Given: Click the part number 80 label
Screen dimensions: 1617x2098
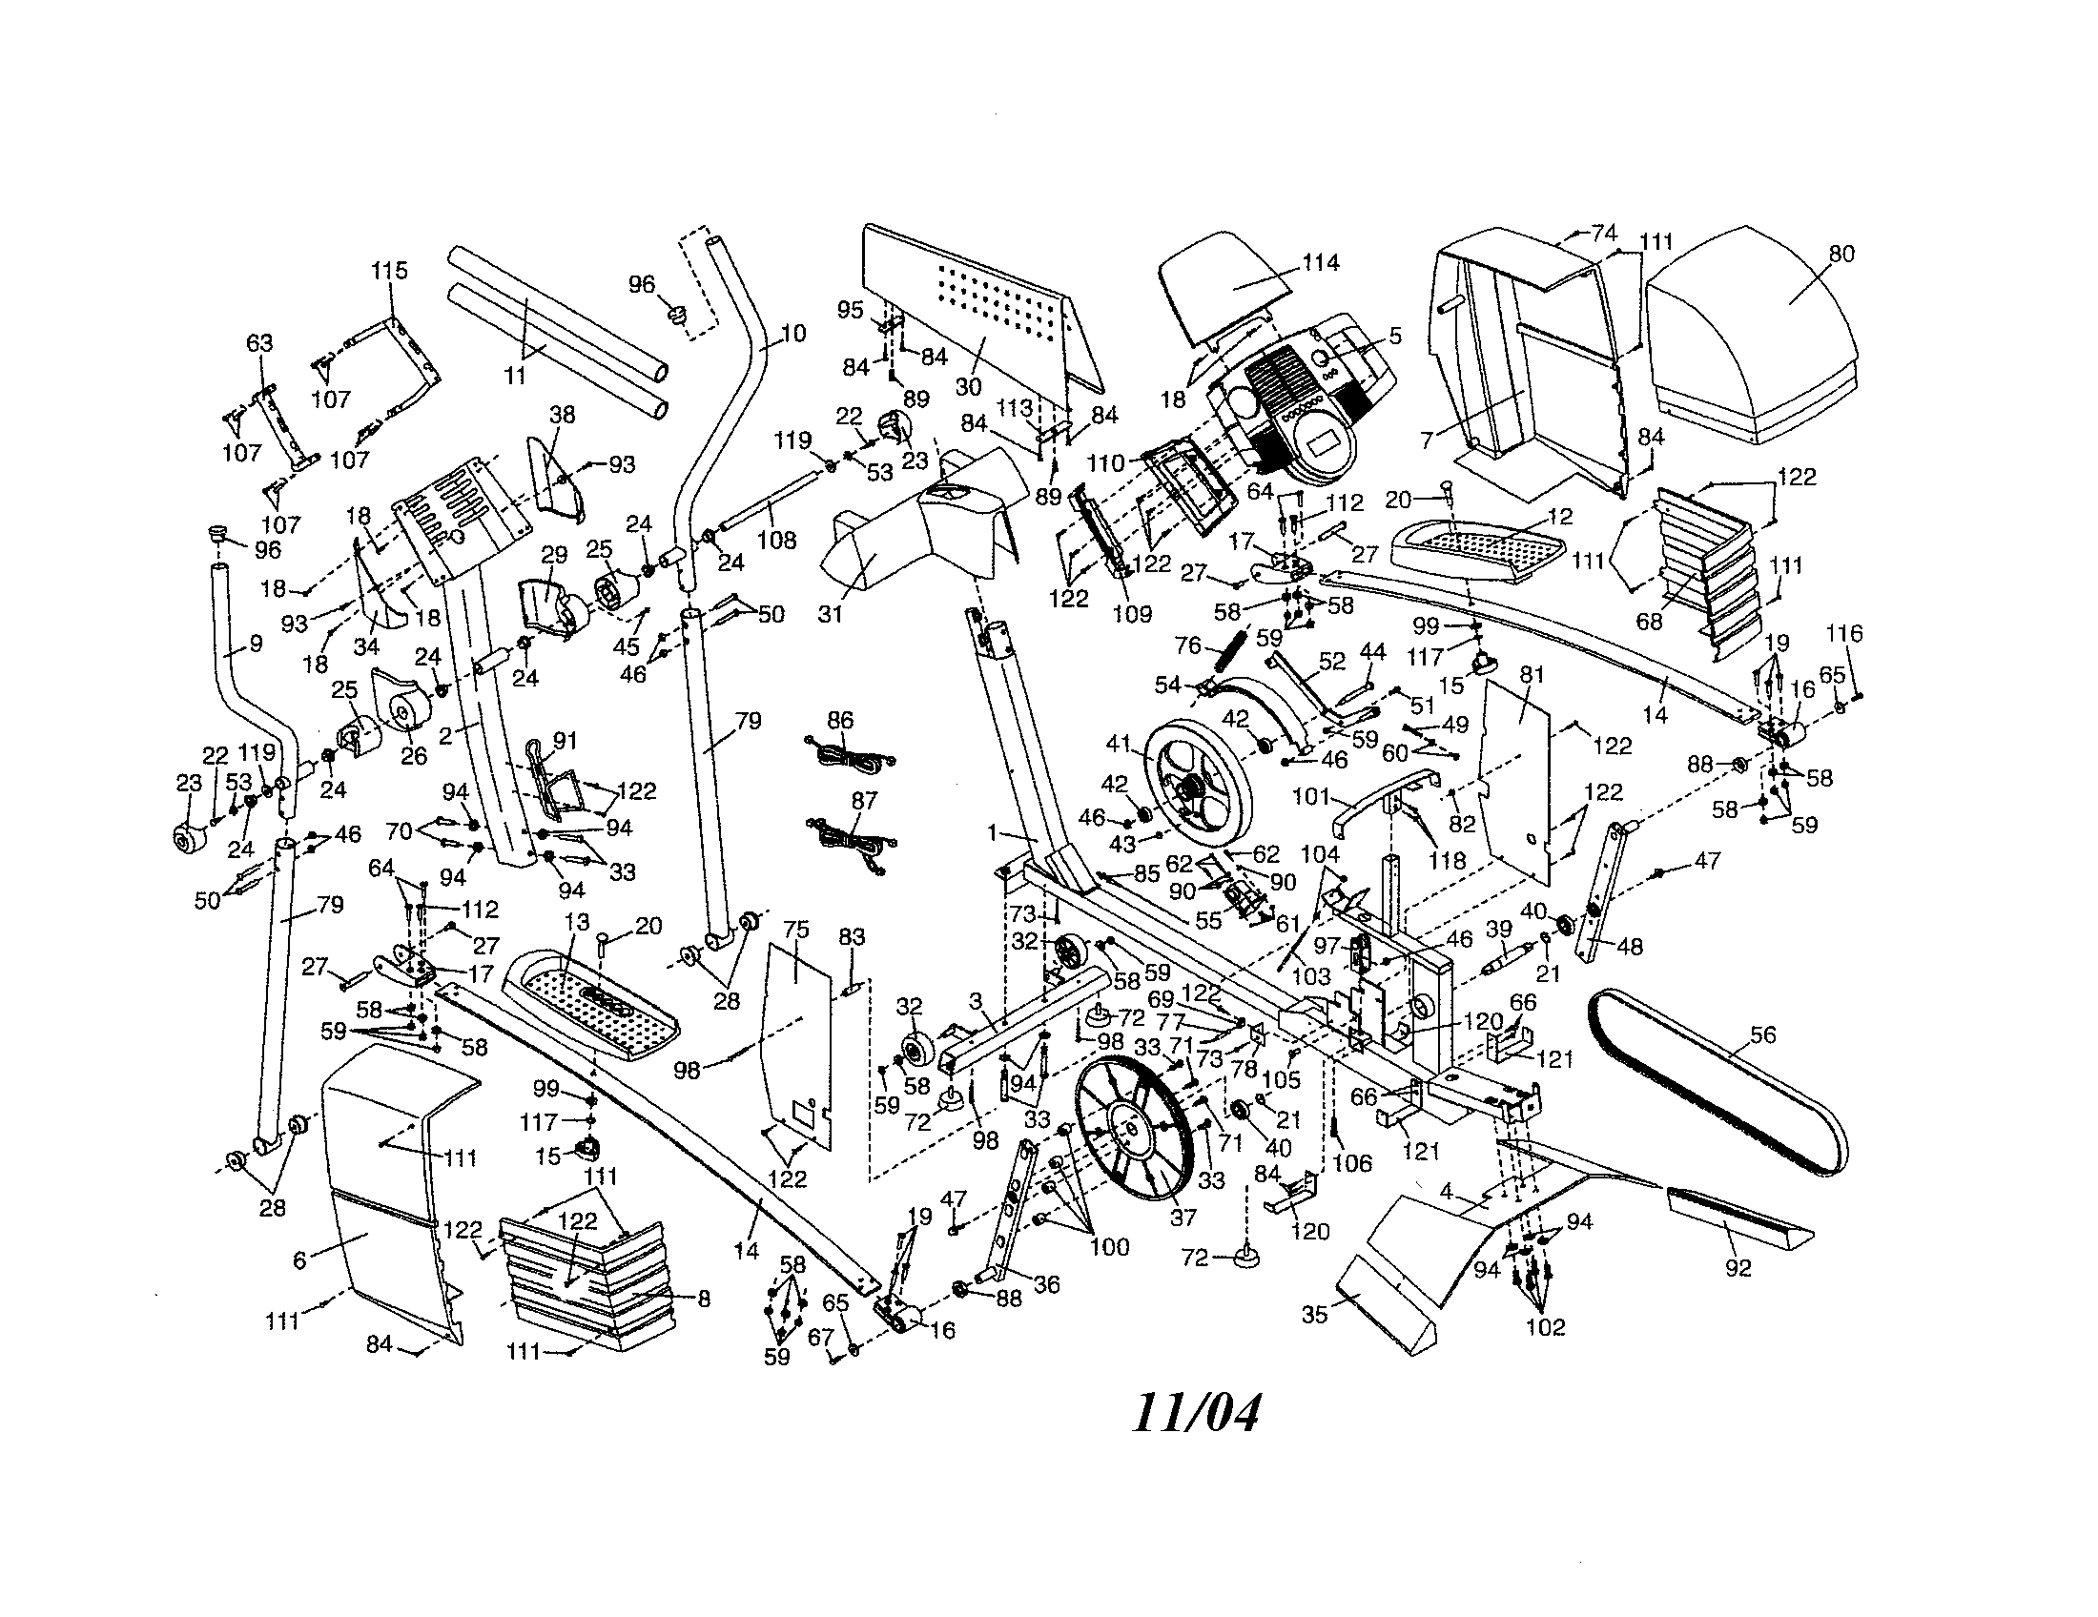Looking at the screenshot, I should (1841, 255).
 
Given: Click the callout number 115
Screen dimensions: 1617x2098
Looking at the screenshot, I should (389, 272).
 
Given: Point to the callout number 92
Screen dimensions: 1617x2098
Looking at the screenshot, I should (1738, 1268).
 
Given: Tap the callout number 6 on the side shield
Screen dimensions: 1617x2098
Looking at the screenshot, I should (299, 1259).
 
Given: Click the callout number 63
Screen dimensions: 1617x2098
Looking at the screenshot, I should (259, 344).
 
